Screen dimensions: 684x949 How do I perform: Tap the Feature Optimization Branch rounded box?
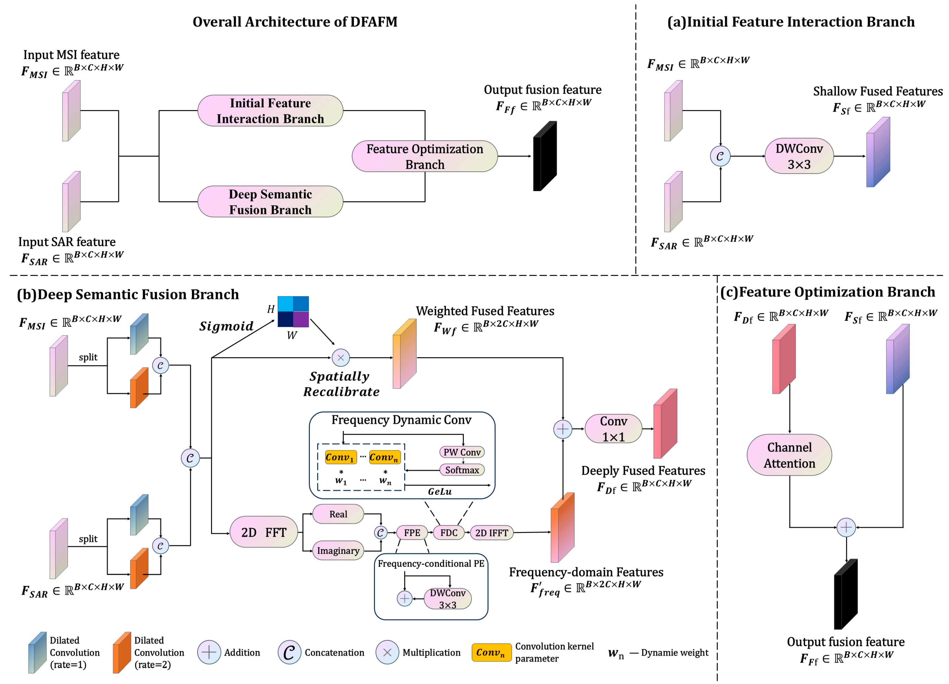point(425,156)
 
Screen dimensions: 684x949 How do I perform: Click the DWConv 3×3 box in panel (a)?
point(799,156)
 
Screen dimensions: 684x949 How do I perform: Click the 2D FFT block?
point(264,532)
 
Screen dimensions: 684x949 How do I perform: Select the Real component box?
point(338,514)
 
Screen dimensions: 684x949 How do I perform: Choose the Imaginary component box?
point(338,550)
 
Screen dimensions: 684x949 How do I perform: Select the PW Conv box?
point(462,452)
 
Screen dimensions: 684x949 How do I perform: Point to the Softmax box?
point(462,470)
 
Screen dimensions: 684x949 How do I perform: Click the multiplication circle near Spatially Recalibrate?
point(340,358)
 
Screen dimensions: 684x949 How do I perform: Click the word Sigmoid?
point(226,326)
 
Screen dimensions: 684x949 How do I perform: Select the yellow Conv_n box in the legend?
point(491,652)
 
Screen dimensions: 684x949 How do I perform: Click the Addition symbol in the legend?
point(209,652)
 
